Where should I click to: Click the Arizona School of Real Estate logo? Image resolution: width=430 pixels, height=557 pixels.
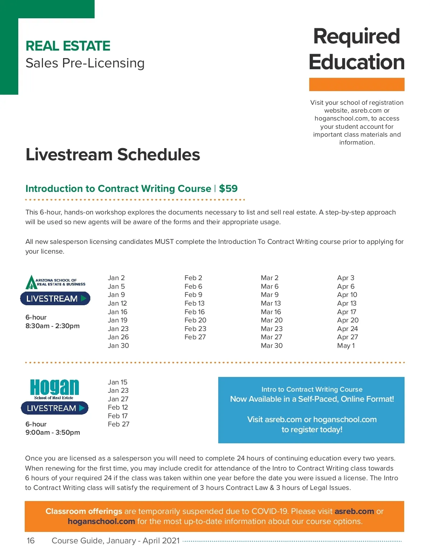[56, 282]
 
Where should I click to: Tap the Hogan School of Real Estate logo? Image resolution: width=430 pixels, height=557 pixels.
[54, 389]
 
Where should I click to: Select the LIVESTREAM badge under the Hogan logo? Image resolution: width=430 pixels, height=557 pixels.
[55, 408]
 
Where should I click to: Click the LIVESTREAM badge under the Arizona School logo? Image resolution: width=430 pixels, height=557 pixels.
[55, 298]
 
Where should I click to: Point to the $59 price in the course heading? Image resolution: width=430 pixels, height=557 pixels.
[228, 189]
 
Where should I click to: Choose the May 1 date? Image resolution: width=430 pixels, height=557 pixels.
[346, 346]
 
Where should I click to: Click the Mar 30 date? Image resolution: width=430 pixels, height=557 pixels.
[272, 346]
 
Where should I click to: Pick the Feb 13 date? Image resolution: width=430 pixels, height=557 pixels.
[194, 303]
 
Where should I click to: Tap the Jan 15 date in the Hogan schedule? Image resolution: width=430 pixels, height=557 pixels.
[118, 382]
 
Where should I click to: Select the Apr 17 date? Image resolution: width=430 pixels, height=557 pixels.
[347, 312]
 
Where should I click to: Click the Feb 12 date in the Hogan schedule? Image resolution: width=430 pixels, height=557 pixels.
[118, 407]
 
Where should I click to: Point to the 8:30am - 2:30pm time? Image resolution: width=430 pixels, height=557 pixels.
[52, 326]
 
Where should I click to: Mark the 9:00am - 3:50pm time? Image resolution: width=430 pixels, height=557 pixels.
[53, 433]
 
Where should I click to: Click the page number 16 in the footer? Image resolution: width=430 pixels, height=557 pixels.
[31, 541]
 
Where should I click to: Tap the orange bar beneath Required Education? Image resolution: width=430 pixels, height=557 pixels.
[357, 85]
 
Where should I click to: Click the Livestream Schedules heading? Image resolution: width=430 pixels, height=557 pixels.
[113, 155]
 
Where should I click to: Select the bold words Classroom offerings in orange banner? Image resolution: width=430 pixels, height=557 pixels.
[84, 511]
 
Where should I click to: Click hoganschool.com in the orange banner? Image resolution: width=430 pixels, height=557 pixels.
[101, 521]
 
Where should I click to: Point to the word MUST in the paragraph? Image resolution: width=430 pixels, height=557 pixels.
[164, 242]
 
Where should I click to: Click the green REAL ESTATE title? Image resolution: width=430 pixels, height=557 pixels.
[68, 46]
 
